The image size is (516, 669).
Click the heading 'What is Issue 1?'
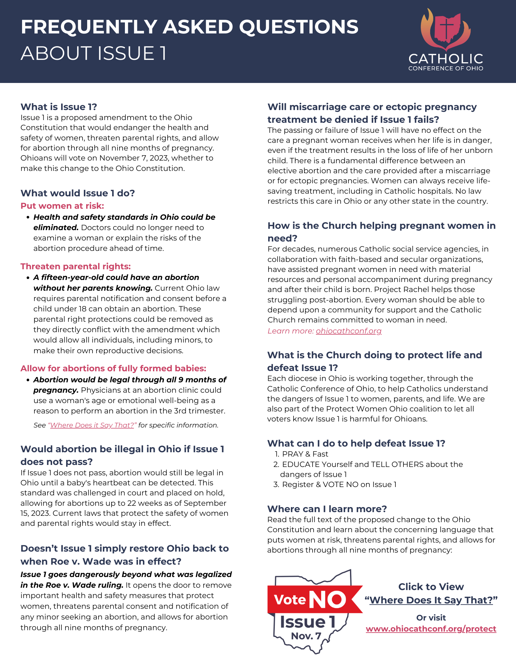point(59,107)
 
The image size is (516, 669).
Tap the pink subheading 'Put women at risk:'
point(62,206)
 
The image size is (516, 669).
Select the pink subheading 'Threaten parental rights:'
point(75,266)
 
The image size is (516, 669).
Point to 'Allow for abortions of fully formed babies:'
point(113,368)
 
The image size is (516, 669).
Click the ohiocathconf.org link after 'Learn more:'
point(348,331)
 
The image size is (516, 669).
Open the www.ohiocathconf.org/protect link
point(431,629)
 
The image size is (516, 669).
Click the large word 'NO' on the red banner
point(328,600)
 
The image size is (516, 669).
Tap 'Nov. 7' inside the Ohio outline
point(306,636)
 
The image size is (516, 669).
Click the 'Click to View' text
point(431,587)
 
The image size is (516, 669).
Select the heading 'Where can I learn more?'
point(327,509)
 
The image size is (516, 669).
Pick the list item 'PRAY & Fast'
point(305,454)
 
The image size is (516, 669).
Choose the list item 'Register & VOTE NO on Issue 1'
point(339,484)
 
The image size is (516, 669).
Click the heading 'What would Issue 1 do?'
point(77,193)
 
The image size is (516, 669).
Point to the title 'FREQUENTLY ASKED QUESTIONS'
point(189,27)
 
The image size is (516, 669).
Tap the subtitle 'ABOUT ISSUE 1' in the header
point(94,54)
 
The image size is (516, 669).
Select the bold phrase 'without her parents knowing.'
point(93,288)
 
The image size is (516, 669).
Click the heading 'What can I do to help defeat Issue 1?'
point(356,443)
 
